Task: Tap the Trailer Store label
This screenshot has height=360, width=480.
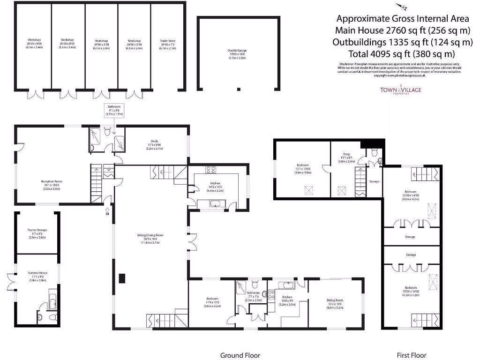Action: (167, 45)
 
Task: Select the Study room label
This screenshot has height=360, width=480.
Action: (154, 143)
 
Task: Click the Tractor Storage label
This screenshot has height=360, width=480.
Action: (37, 232)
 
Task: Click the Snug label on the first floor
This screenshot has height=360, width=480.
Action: (344, 158)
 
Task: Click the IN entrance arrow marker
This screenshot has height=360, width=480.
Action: (107, 211)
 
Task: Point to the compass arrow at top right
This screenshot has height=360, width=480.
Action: (402, 6)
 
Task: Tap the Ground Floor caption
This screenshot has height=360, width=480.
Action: (240, 355)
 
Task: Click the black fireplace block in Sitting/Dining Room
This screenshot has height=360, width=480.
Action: (122, 278)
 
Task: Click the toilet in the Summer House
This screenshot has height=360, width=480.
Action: (40, 317)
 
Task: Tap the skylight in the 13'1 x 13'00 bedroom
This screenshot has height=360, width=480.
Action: (308, 190)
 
